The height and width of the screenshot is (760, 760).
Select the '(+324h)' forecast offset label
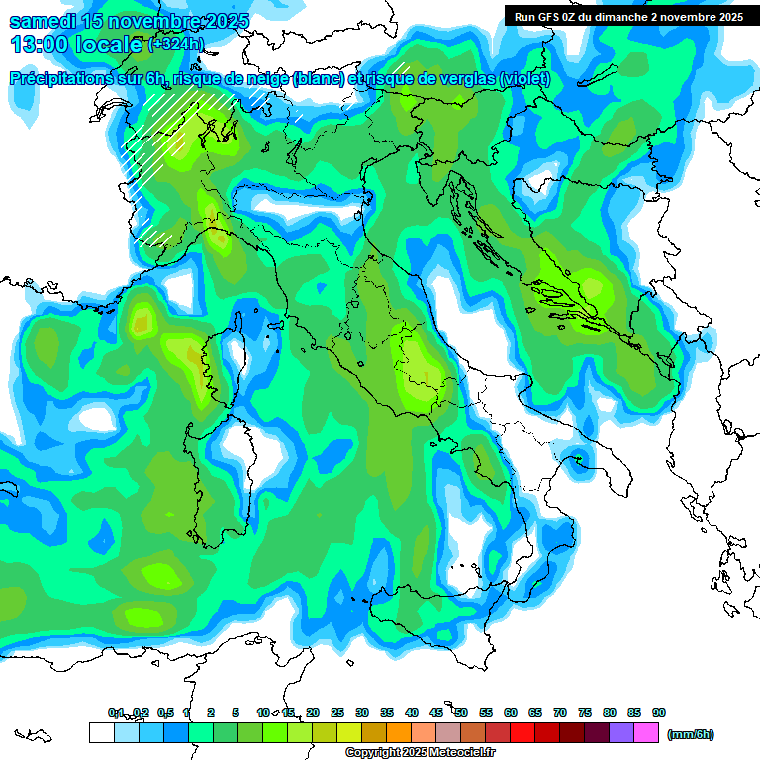coord(176,45)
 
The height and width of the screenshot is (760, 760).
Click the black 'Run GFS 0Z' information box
coord(624,16)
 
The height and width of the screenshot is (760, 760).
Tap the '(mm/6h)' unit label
coord(690,734)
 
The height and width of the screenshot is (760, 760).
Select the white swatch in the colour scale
coord(101,733)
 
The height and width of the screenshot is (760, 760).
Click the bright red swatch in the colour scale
coord(522,733)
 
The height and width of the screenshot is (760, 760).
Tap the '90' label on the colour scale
coord(659,712)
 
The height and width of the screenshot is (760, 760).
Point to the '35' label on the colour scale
coord(387,712)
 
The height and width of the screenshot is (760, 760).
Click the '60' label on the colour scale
coord(511,712)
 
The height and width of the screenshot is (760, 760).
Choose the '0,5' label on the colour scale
coord(164,712)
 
